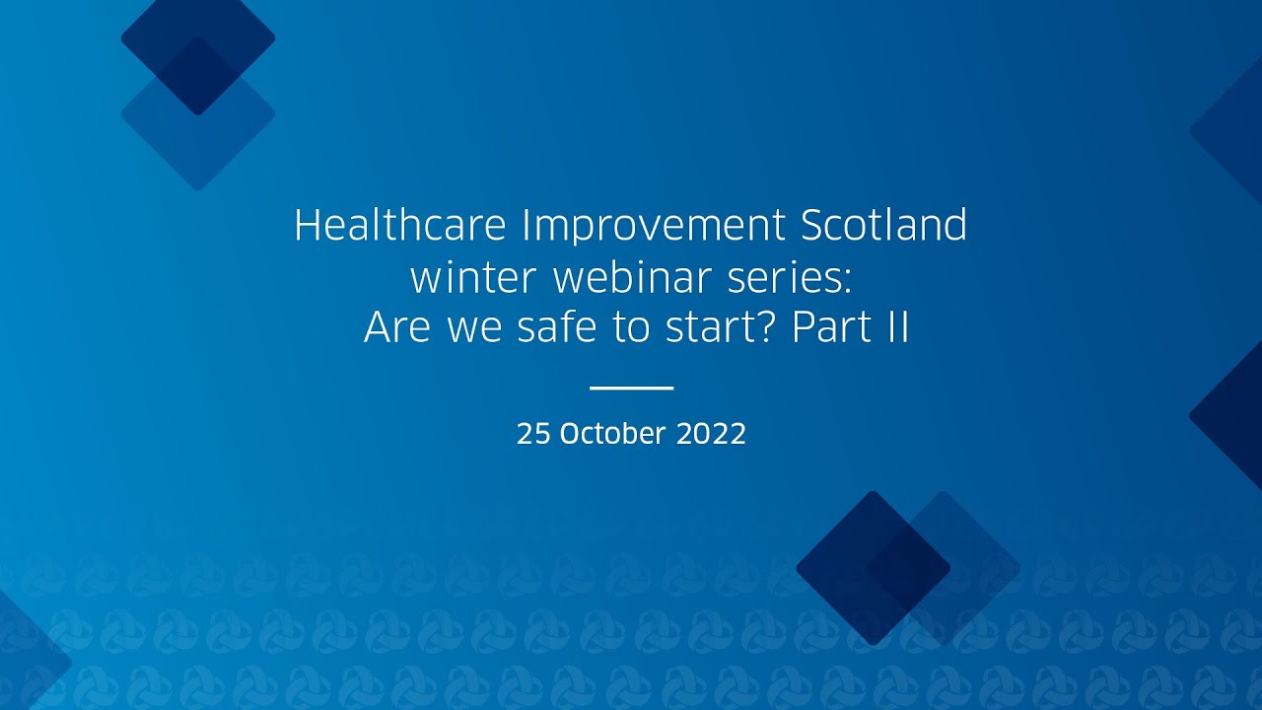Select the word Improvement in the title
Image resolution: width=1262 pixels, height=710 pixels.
[x=653, y=227]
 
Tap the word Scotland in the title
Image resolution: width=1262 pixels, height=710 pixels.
[x=883, y=227]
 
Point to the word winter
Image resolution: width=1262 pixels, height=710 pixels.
[x=473, y=279]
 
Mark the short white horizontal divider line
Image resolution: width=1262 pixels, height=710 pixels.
[x=631, y=388]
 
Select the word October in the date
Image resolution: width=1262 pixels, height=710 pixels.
[x=612, y=434]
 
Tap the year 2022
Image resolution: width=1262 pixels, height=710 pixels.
[x=711, y=434]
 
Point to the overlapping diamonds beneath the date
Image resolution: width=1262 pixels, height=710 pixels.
[x=907, y=568]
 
